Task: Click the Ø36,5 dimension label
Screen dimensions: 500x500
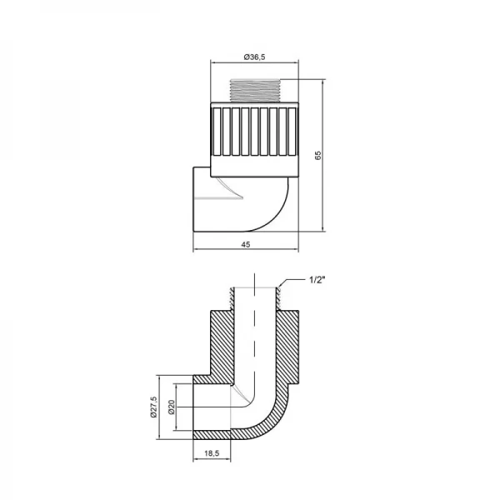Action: coord(255,56)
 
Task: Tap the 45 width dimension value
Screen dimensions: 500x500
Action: coord(246,244)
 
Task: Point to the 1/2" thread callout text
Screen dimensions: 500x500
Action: coord(318,280)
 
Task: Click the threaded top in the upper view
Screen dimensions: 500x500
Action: coord(255,90)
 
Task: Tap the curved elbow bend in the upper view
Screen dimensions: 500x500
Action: coord(275,204)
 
